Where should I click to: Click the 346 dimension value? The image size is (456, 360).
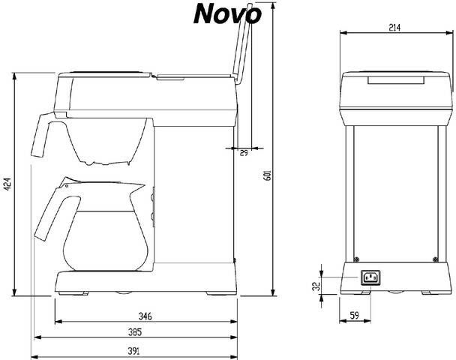tap(145, 316)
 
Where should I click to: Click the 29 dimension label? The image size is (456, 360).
tap(244, 153)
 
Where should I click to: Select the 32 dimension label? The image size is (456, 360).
tap(317, 285)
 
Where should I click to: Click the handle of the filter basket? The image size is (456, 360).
tap(40, 135)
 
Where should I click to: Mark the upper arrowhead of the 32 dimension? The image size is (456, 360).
tap(322, 271)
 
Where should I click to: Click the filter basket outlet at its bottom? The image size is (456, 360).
tap(109, 162)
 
